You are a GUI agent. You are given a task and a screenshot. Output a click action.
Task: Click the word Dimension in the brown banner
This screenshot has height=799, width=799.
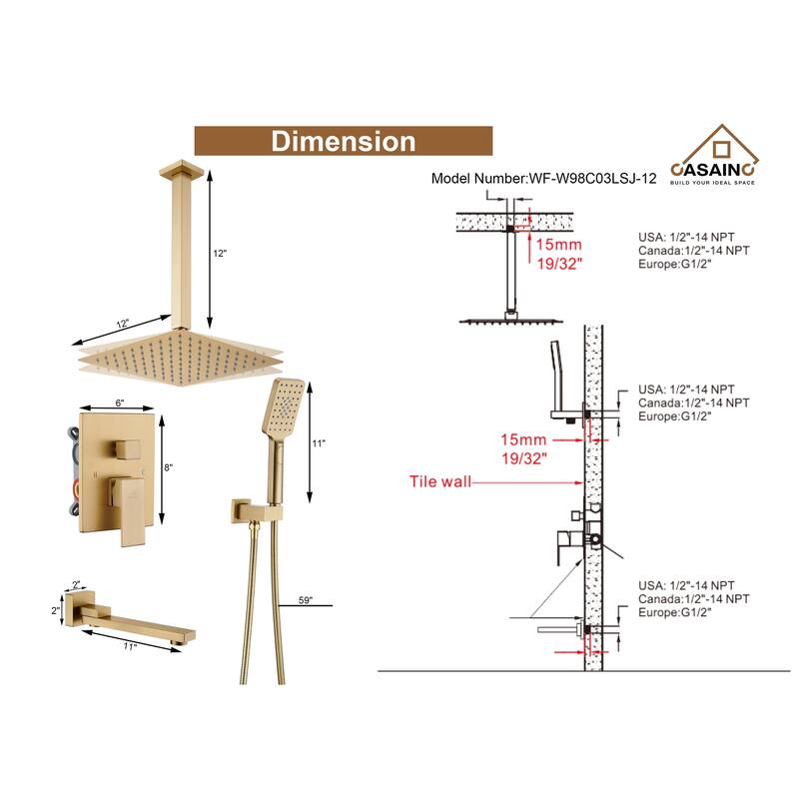pos(343,141)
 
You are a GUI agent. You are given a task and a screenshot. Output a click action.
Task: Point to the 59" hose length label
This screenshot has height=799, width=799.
pos(305,600)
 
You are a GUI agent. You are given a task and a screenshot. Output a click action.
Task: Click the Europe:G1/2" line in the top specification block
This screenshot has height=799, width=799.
pos(673,265)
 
